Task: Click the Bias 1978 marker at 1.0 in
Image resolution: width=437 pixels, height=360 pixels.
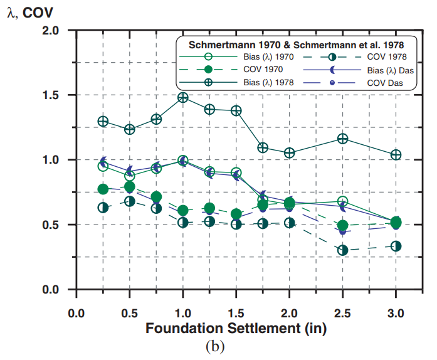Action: pos(183,97)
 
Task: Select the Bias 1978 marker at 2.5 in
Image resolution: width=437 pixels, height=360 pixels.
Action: pos(343,139)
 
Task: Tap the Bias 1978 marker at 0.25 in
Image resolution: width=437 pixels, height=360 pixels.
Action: pos(103,121)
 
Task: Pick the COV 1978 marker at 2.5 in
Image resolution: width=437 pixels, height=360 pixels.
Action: pos(343,250)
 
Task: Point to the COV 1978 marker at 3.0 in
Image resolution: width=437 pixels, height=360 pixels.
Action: pos(396,246)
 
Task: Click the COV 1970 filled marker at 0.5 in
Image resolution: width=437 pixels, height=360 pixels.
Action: pos(130,187)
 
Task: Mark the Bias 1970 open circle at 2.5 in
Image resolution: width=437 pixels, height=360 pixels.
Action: pos(343,201)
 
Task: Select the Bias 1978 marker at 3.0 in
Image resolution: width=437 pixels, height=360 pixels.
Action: pos(396,155)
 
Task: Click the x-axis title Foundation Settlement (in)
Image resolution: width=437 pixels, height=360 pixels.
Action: pos(236,327)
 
